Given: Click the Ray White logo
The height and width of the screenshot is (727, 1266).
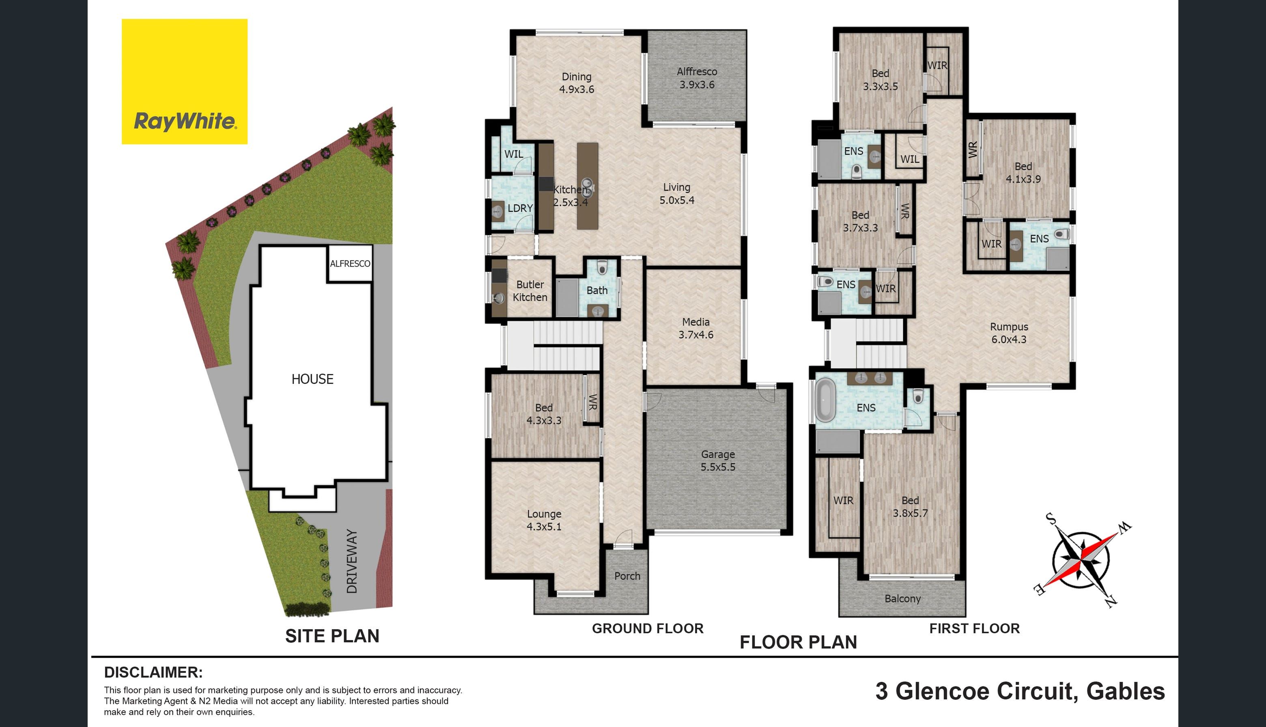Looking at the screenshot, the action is coord(184,82).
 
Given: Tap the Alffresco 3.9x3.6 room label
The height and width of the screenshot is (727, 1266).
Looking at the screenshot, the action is coord(697,78).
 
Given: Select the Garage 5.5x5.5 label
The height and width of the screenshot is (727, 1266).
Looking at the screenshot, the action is coord(718,461).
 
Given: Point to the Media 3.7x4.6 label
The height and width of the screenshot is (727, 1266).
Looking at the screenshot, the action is coord(695,329).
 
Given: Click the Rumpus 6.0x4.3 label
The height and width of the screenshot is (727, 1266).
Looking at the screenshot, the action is coord(1009,333).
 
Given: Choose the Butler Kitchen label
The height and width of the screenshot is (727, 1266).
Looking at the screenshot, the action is coord(530,290).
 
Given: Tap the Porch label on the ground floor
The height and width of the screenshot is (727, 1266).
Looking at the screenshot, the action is coord(627,576).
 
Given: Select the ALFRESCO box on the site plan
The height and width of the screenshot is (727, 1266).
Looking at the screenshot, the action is coord(350,263).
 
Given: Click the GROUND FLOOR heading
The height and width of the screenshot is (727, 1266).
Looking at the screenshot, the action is coord(648,628).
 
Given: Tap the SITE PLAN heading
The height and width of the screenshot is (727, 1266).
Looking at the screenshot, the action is coord(332,636).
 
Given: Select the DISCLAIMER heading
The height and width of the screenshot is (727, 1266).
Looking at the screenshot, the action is coord(153,672).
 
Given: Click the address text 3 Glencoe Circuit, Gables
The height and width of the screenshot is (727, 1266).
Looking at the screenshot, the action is coord(1020,691).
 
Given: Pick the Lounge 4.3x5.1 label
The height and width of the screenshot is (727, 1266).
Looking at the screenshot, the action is coord(544,520).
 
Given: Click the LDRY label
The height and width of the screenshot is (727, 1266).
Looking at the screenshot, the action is coord(520,208).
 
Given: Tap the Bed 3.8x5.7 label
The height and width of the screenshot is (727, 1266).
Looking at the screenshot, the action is coord(910,506).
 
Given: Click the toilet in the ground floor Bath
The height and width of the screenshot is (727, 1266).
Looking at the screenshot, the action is coord(602,269).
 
